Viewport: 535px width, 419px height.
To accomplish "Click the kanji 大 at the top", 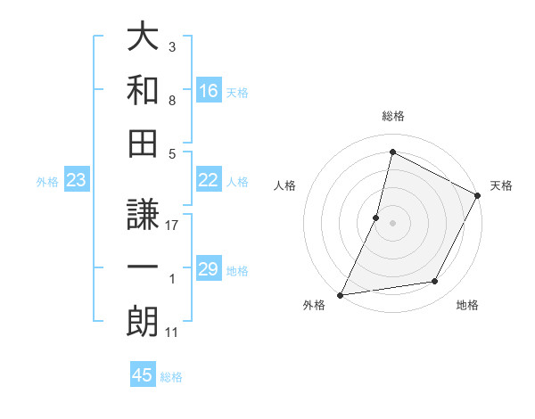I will pyautogui.click(x=143, y=37).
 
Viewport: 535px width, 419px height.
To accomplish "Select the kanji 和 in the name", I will pyautogui.click(x=143, y=90).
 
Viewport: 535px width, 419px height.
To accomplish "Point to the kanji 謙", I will pyautogui.click(x=143, y=213).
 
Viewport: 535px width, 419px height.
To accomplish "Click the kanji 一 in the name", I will pyautogui.click(x=143, y=267).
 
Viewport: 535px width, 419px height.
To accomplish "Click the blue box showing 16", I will pyautogui.click(x=209, y=90).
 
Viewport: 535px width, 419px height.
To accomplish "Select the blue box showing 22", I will pyautogui.click(x=209, y=180).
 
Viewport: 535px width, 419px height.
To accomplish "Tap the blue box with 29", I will pyautogui.click(x=209, y=269).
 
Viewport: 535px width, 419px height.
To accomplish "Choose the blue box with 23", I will pyautogui.click(x=77, y=180).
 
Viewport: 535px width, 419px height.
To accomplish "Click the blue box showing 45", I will pyautogui.click(x=143, y=375).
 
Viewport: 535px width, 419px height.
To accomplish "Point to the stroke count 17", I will pyautogui.click(x=172, y=226).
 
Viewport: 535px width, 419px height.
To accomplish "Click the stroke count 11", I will pyautogui.click(x=171, y=333).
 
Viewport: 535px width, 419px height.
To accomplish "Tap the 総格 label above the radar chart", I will pyautogui.click(x=392, y=117).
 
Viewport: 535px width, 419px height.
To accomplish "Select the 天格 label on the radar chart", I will pyautogui.click(x=501, y=185).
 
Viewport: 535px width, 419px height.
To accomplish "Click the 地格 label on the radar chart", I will pyautogui.click(x=467, y=305).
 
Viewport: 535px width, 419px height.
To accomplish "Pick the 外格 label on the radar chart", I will pyautogui.click(x=314, y=305).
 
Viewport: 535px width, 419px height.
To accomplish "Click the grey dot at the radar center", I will pyautogui.click(x=392, y=223).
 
